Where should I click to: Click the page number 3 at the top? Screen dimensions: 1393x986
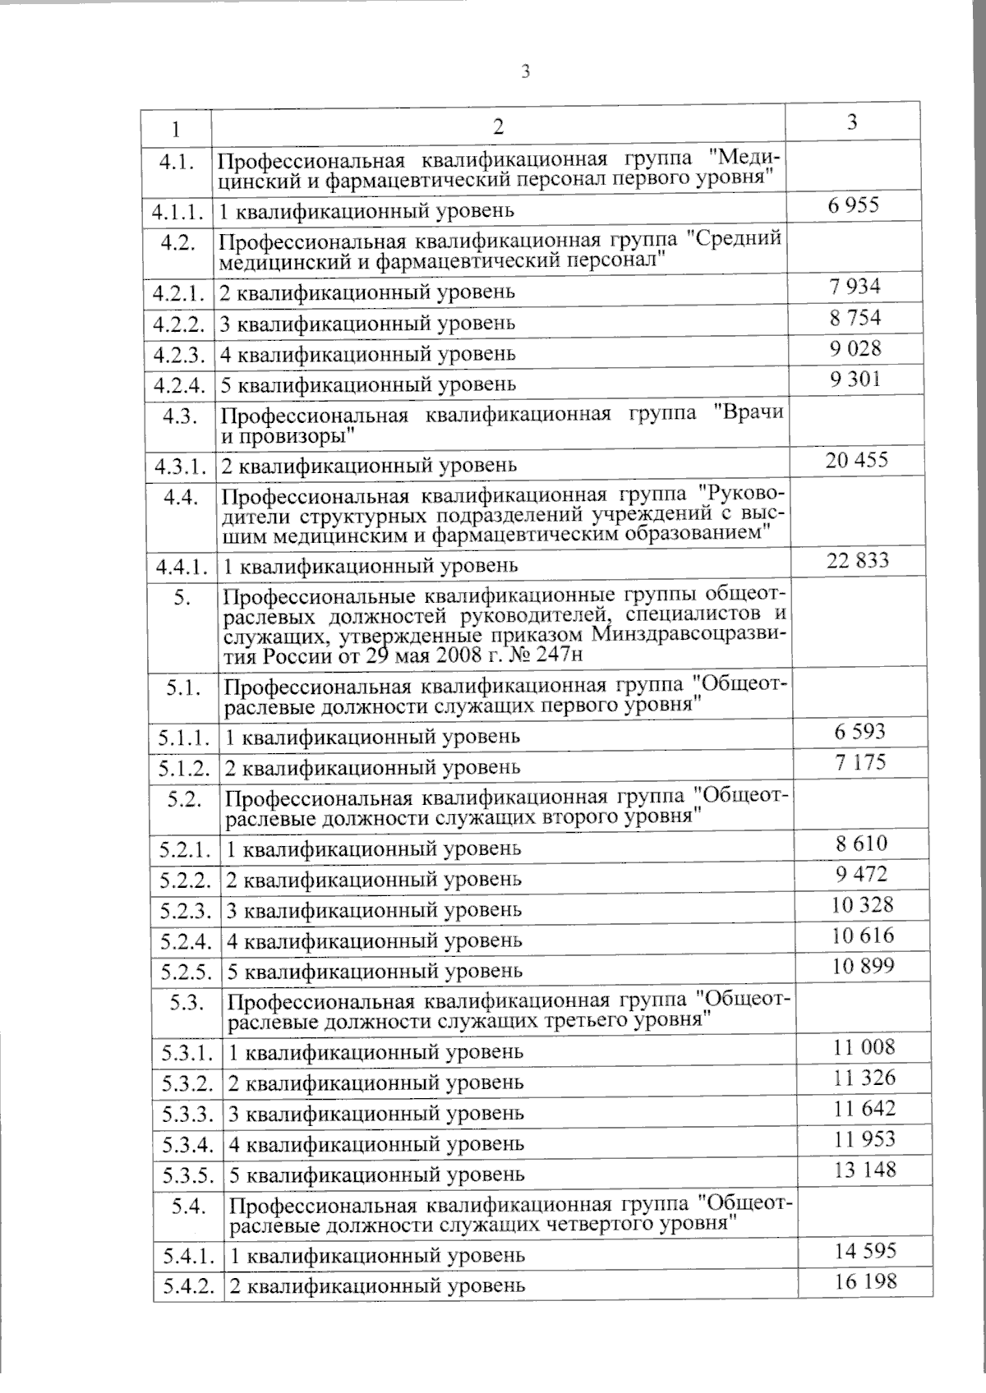point(525,71)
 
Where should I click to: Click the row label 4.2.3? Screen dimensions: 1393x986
point(178,354)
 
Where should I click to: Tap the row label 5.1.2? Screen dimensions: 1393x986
point(185,767)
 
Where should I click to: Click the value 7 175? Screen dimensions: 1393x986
point(859,761)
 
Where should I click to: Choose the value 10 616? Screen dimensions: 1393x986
point(862,935)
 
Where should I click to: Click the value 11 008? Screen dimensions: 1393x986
point(863,1046)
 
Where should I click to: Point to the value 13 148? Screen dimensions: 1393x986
point(864,1169)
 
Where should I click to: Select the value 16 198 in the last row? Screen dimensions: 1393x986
point(864,1280)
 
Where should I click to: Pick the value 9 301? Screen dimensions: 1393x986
point(855,379)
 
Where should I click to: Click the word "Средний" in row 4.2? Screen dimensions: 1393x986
point(732,241)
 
